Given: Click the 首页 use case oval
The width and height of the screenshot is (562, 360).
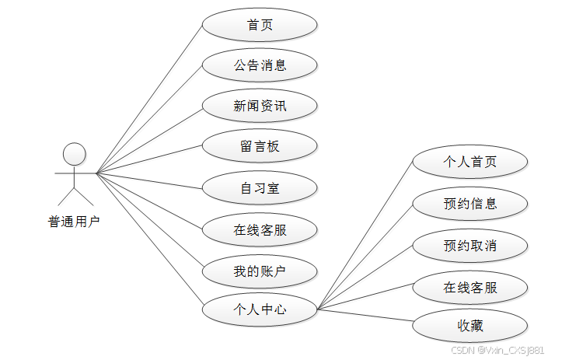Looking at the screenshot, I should (260, 25).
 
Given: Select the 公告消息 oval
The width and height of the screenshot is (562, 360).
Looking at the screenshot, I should (260, 65).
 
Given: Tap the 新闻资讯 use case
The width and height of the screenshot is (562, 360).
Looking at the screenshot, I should (260, 106).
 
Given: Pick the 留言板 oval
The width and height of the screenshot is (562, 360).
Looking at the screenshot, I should (260, 146).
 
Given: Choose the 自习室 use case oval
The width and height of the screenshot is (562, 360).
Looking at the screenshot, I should (260, 187).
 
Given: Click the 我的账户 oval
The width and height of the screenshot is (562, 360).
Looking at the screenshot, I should (260, 271).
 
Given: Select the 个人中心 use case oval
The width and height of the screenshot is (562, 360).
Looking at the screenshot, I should (260, 309).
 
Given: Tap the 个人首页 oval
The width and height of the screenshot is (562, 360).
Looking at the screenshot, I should (470, 163).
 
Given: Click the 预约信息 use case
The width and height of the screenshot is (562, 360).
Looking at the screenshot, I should (470, 204).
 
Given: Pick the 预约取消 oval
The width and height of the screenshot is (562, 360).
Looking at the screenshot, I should (470, 246).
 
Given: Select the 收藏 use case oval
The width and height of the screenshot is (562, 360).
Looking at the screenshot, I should (470, 327).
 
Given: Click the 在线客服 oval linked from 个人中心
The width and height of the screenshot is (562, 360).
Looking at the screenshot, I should (470, 287).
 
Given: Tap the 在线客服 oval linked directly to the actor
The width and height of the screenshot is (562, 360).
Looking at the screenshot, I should (260, 229).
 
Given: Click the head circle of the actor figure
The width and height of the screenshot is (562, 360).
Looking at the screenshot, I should (74, 153).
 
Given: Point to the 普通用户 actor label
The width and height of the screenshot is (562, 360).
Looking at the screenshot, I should (74, 222).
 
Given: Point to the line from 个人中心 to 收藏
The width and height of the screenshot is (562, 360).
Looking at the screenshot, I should (365, 317).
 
